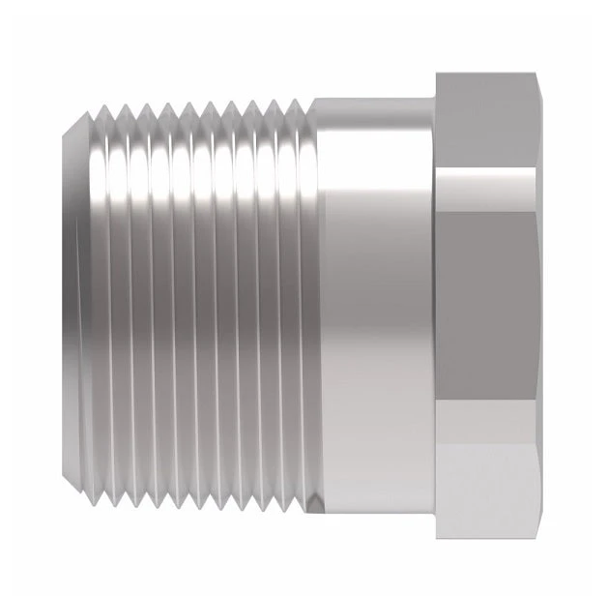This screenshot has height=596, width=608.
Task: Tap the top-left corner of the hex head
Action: (436, 75)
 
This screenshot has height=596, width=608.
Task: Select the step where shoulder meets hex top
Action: (434, 98)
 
